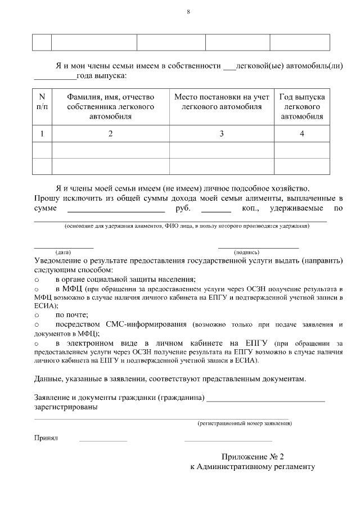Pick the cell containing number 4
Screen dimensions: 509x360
click(x=301, y=134)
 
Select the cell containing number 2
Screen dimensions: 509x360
click(x=110, y=134)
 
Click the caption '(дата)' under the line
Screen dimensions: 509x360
click(x=63, y=253)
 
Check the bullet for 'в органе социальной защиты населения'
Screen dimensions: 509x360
click(x=37, y=280)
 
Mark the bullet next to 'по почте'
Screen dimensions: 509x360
click(x=37, y=316)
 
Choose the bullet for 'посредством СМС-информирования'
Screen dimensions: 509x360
click(x=37, y=325)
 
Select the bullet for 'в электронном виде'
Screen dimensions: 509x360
click(x=37, y=343)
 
